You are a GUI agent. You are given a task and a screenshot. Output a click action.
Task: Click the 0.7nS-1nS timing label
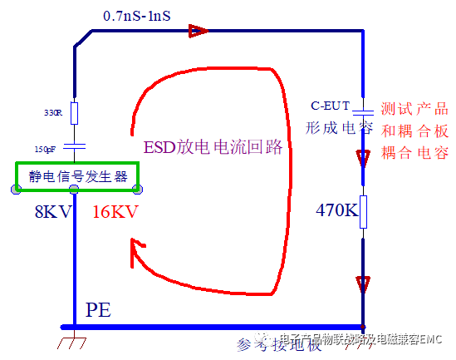coord(142,15)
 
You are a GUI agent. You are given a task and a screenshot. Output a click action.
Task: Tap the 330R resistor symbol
coord(74,113)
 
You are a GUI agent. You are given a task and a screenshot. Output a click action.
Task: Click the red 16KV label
coord(114,211)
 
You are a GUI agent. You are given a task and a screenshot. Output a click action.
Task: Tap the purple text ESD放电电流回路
coord(213,147)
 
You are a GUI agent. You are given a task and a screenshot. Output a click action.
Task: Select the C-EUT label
coord(330,106)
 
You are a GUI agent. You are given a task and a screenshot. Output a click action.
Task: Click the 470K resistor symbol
coord(363,213)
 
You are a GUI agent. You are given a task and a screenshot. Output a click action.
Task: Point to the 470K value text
coord(336,211)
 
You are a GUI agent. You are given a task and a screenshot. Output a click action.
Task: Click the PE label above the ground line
coord(97,311)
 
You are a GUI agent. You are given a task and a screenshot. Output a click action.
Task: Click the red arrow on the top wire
coord(197,32)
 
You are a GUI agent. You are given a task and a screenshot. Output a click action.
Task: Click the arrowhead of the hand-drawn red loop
coord(138,246)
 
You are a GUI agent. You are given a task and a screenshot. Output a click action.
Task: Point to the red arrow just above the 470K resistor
coord(363,157)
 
